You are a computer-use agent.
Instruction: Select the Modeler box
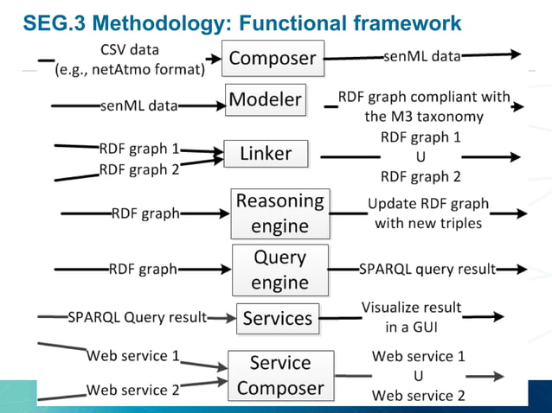pos(265,100)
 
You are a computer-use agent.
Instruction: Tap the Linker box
pos(266,155)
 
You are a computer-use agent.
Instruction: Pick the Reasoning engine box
pos(279,213)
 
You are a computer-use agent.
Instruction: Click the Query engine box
pos(279,270)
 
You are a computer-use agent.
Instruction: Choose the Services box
pos(277,318)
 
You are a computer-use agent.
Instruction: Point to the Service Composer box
pos(279,376)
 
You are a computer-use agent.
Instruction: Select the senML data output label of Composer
pos(421,57)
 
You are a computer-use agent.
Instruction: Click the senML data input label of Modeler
pos(138,105)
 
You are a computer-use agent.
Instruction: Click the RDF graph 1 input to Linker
pos(138,149)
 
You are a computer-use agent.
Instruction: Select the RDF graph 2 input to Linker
pos(138,169)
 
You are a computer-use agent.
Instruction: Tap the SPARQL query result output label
pos(427,269)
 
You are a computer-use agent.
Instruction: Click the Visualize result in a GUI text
pos(411,317)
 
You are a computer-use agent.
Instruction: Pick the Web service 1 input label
pos(132,355)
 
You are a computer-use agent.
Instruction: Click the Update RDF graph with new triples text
pos(427,213)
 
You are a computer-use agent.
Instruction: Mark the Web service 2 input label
pos(132,390)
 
